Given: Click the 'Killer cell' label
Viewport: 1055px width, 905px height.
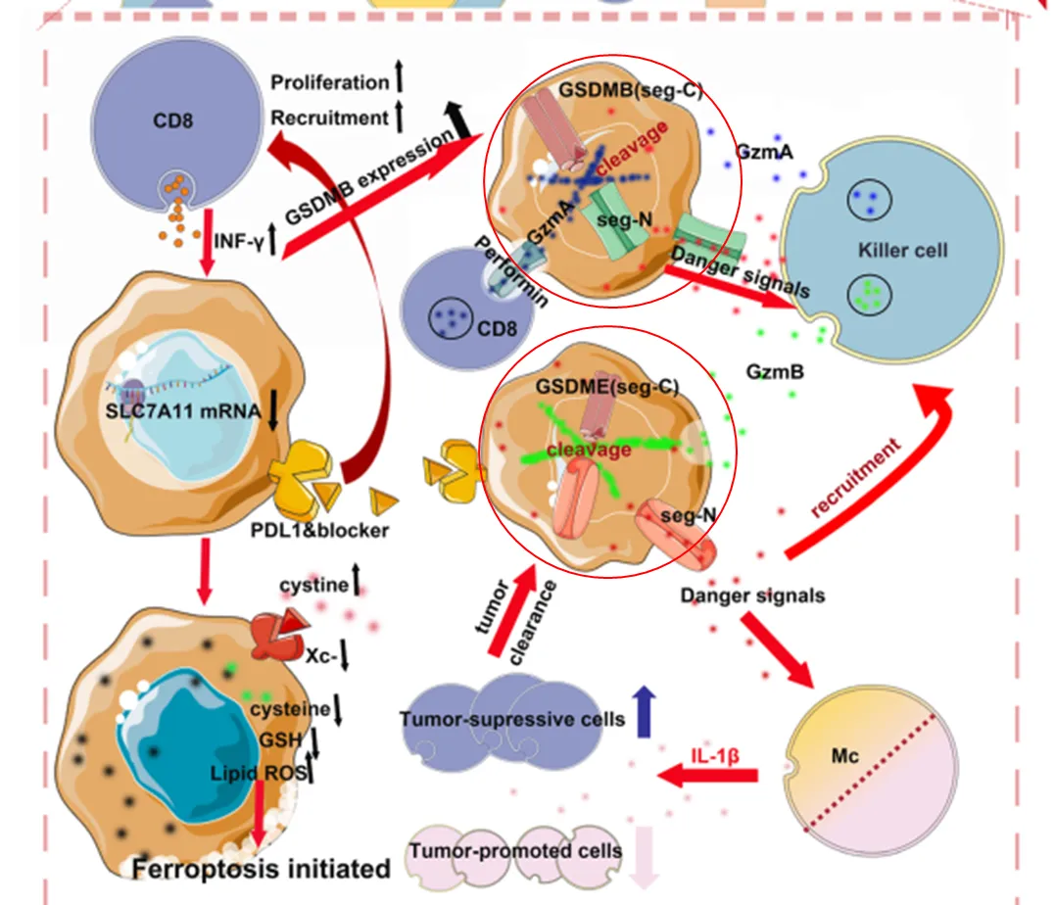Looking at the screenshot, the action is [x=902, y=251].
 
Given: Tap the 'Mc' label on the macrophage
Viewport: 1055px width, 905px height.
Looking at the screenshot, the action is [x=844, y=756].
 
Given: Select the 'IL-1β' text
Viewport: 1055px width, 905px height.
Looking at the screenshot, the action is [x=715, y=755].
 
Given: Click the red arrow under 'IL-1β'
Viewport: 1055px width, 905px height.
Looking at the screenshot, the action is [x=708, y=776].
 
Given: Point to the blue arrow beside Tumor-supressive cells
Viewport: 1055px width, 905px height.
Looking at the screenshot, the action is [x=644, y=711].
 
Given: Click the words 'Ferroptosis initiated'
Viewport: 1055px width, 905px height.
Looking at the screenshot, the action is [x=262, y=869].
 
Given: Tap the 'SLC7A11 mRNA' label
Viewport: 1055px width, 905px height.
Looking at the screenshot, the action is [x=183, y=411].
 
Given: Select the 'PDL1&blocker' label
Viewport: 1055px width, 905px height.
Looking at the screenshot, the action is [x=319, y=530].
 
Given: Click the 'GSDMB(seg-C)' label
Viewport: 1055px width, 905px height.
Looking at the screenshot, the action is [x=631, y=89].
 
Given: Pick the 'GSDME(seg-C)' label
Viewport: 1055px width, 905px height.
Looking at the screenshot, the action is [x=607, y=387].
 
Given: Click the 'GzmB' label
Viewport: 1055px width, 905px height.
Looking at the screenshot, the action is [x=775, y=371].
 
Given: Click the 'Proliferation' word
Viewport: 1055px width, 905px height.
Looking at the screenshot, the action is [x=330, y=82].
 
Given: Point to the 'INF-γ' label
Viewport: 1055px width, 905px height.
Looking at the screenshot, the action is [x=239, y=241].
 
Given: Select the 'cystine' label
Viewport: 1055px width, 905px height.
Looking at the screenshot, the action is [x=314, y=585].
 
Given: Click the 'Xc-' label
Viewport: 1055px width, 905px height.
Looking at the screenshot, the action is [x=321, y=655].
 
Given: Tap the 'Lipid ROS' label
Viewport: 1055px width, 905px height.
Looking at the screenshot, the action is [x=259, y=773].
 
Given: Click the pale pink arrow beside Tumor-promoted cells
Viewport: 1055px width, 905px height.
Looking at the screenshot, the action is [x=644, y=857].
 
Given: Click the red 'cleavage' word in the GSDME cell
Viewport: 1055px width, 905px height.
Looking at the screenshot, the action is [x=589, y=449].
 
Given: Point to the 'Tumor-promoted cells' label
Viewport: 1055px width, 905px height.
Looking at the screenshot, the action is [x=515, y=851].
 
